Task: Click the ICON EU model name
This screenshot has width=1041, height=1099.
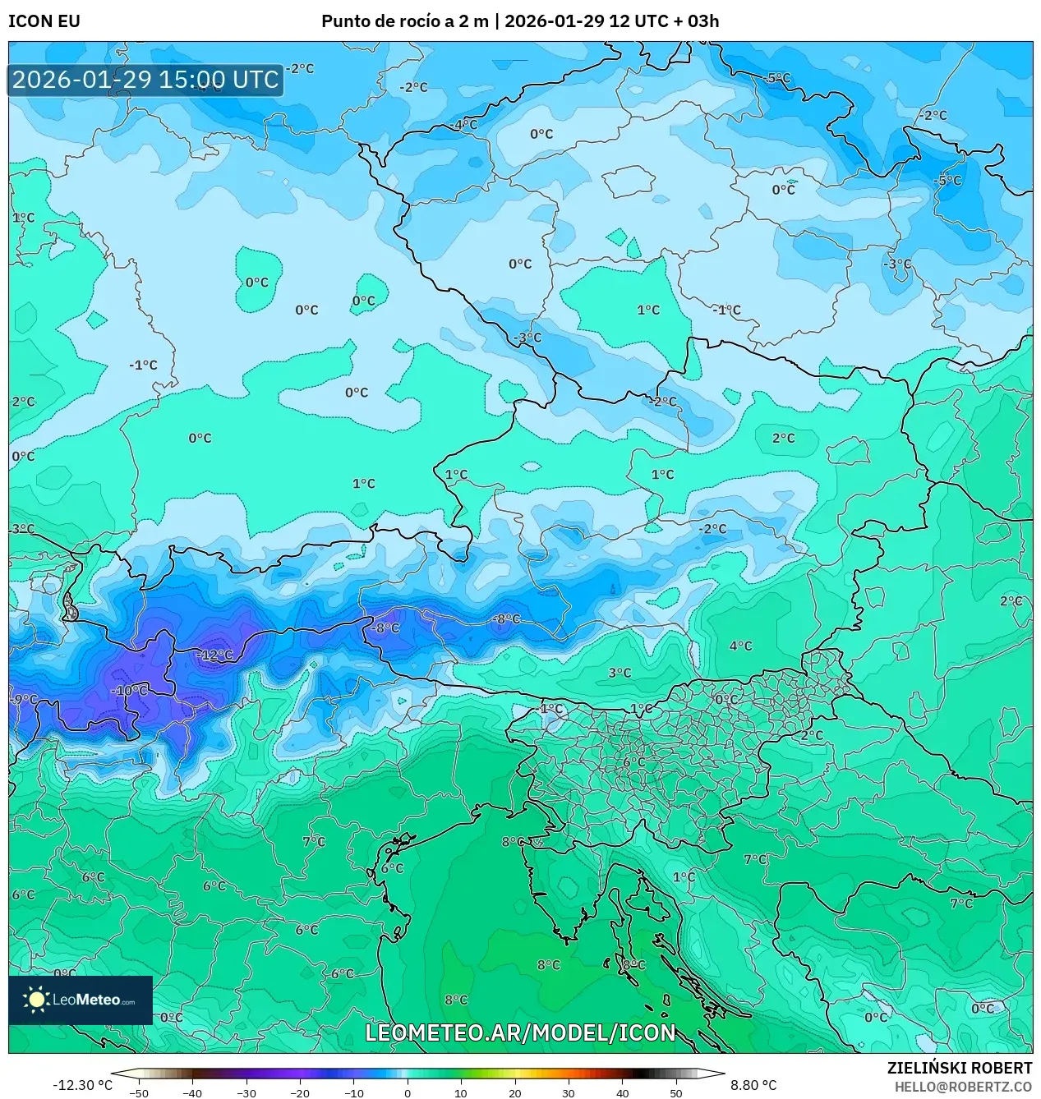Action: click(x=44, y=21)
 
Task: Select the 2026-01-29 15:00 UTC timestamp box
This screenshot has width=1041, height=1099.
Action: click(x=145, y=80)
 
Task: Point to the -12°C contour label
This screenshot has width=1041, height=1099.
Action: click(x=216, y=655)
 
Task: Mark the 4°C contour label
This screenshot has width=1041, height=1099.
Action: click(x=740, y=646)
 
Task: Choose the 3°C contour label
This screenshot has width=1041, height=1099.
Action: click(x=620, y=674)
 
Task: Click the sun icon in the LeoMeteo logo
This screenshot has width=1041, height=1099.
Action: click(x=36, y=1000)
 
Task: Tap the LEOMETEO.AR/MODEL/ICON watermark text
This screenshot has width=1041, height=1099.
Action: click(x=520, y=1032)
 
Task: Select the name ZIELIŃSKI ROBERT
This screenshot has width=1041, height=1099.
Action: click(x=959, y=1068)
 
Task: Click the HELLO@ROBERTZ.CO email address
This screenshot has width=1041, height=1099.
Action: click(x=963, y=1087)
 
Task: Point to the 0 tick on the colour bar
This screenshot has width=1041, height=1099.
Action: click(x=408, y=1092)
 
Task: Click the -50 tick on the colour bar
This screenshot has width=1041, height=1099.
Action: click(x=139, y=1092)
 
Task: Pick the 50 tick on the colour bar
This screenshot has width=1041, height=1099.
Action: click(x=675, y=1092)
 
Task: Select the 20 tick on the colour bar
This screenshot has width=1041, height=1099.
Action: click(x=514, y=1092)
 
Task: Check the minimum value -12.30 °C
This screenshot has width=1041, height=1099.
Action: click(x=82, y=1085)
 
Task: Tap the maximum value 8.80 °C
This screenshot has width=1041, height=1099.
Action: click(x=753, y=1085)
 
